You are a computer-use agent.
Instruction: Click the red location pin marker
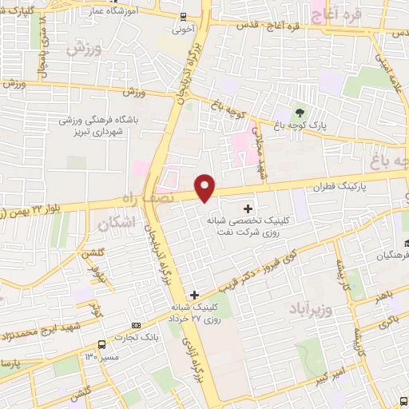click(x=206, y=189)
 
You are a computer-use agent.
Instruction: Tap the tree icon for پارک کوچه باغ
click(x=300, y=112)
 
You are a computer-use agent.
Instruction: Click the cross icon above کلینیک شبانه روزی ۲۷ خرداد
click(x=194, y=295)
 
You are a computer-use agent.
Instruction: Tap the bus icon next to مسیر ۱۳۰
click(x=101, y=343)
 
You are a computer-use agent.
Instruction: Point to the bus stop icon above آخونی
click(x=184, y=17)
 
